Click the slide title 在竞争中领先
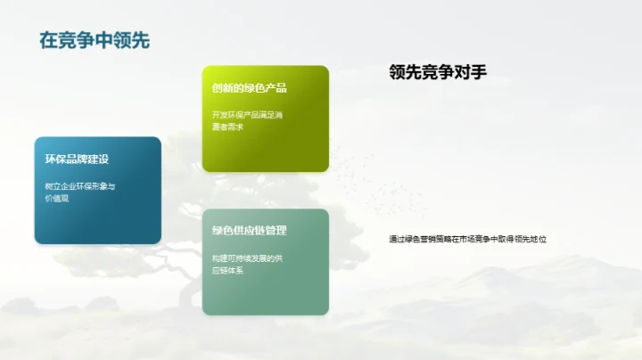point(94,40)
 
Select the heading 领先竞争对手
point(438,73)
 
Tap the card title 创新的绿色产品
point(249,88)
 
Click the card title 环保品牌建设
point(77,159)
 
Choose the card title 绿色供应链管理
point(249,231)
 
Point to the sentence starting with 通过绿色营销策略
point(467,239)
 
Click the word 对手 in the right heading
point(472,73)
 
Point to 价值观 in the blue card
point(56,198)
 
